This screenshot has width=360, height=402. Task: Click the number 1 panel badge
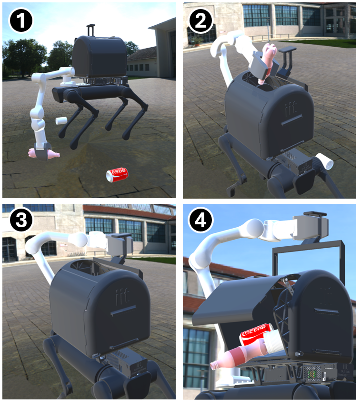tap(21, 21)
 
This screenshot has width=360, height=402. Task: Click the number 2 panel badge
tap(201, 20)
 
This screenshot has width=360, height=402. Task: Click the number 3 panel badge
tap(21, 220)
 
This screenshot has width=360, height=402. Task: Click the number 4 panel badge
tap(200, 220)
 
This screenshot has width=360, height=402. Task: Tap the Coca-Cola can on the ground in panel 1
tap(117, 175)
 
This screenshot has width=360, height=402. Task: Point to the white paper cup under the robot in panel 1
tap(61, 121)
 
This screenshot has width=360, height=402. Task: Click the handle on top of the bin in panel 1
tap(91, 30)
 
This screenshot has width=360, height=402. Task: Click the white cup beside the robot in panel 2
tap(325, 161)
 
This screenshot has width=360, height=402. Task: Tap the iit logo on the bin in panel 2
tap(290, 109)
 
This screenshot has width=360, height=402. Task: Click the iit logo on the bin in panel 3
tap(122, 297)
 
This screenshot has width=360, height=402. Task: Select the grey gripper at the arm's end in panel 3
tap(120, 245)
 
